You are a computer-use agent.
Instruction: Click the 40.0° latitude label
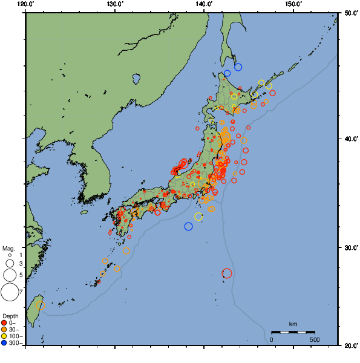[349, 139]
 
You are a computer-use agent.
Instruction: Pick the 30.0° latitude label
[349, 248]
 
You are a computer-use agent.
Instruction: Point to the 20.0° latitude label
[349, 345]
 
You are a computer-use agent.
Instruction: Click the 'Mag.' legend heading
[8, 248]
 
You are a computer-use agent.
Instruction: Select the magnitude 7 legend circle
[10, 293]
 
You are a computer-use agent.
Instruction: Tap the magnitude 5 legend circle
[10, 275]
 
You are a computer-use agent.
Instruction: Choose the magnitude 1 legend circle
[10, 255]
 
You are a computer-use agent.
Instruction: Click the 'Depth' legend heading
[10, 316]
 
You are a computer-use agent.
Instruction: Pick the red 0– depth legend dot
[4, 323]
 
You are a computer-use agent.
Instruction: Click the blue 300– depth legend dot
[4, 343]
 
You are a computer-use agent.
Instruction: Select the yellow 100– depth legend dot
[4, 336]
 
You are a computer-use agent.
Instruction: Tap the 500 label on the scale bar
[315, 339]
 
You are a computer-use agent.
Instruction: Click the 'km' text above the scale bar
[293, 325]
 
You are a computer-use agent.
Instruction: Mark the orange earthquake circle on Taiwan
[41, 305]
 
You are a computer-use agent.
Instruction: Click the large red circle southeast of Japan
[227, 273]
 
